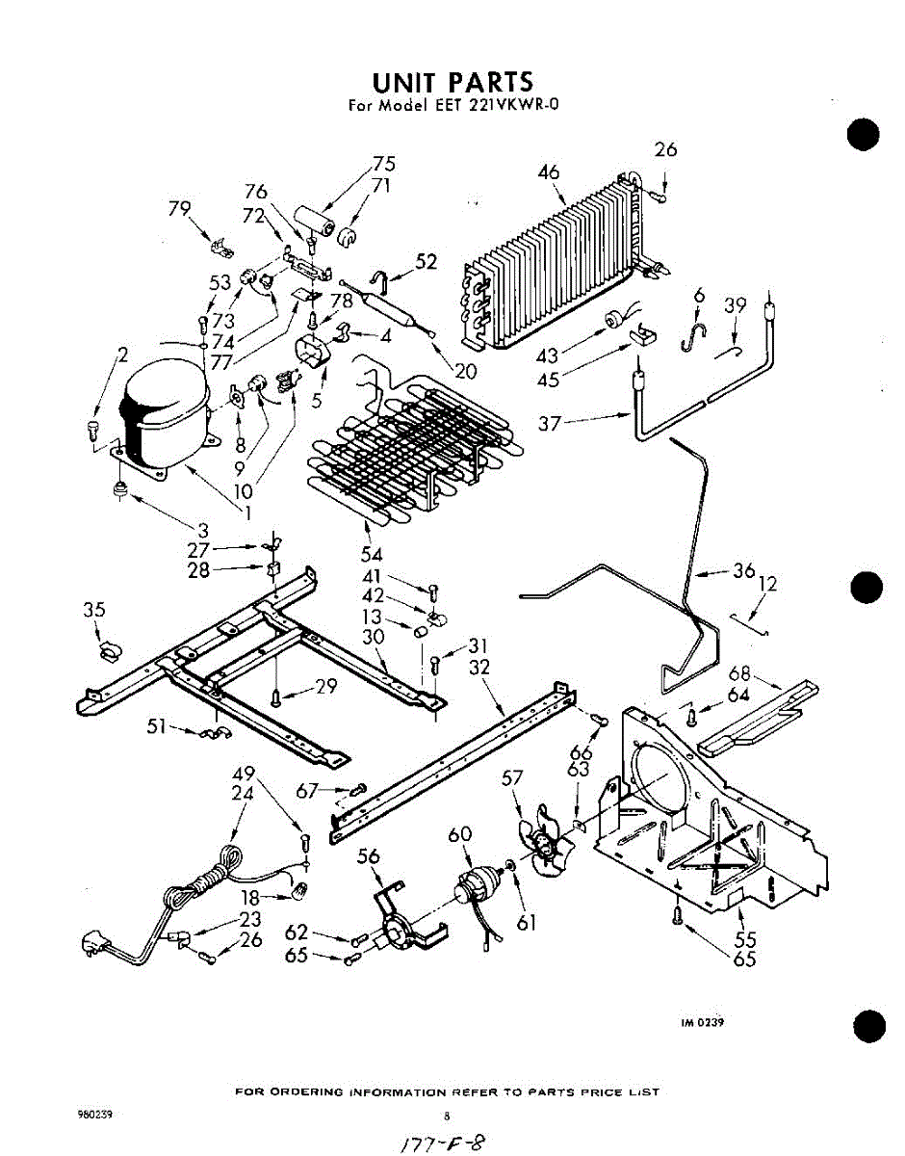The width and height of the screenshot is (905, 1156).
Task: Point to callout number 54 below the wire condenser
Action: tap(371, 554)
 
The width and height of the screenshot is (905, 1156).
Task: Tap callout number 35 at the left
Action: tap(93, 610)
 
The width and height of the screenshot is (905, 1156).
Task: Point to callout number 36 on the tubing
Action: tap(743, 570)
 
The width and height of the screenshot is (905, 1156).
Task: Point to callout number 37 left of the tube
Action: tap(549, 421)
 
